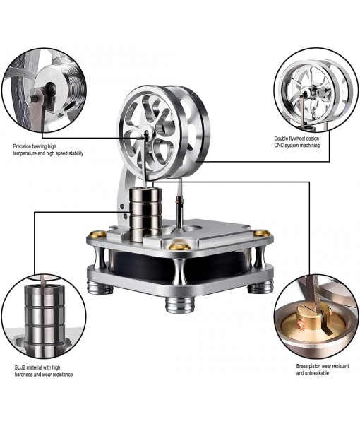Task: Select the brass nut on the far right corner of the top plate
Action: coord(261,233)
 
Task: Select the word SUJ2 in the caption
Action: coord(22,367)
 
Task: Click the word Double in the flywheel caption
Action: coord(284,138)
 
